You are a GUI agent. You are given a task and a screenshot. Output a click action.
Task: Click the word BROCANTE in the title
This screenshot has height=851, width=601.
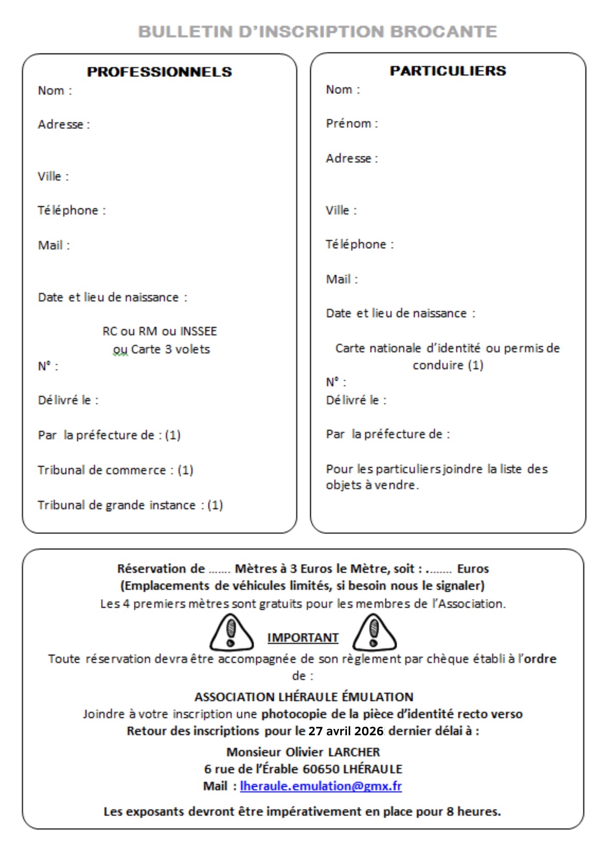click(x=443, y=31)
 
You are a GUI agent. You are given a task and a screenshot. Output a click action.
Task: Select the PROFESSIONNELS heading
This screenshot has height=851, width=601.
click(x=159, y=72)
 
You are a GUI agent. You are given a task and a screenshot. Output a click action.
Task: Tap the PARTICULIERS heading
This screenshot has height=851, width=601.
click(x=448, y=71)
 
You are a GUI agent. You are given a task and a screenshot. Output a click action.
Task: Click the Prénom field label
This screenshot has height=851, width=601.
click(x=352, y=123)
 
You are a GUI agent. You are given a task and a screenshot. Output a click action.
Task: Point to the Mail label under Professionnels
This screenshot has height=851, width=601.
click(x=54, y=245)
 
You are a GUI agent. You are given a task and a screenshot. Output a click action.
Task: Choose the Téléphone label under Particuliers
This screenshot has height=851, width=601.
click(x=360, y=244)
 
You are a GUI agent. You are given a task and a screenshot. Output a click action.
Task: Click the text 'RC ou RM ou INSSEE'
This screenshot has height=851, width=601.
click(x=159, y=331)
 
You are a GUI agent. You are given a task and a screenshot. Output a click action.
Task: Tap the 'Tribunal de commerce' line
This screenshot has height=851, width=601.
click(x=115, y=470)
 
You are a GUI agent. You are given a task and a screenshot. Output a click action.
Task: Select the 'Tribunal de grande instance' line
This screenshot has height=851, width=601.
click(x=130, y=505)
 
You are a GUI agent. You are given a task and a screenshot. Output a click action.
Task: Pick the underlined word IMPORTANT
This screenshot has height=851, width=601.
click(x=303, y=638)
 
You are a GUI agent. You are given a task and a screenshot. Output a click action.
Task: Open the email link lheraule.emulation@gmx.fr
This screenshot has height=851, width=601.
click(x=321, y=786)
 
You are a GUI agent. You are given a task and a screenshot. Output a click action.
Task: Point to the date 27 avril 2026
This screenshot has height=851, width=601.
click(x=346, y=731)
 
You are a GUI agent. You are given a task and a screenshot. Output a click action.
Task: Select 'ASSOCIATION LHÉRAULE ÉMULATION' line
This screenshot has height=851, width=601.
click(x=303, y=697)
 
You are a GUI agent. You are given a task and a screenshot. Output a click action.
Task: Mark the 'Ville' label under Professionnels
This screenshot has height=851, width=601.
click(x=53, y=176)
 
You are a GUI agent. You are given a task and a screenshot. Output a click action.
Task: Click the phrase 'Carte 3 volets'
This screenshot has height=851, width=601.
click(x=170, y=349)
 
